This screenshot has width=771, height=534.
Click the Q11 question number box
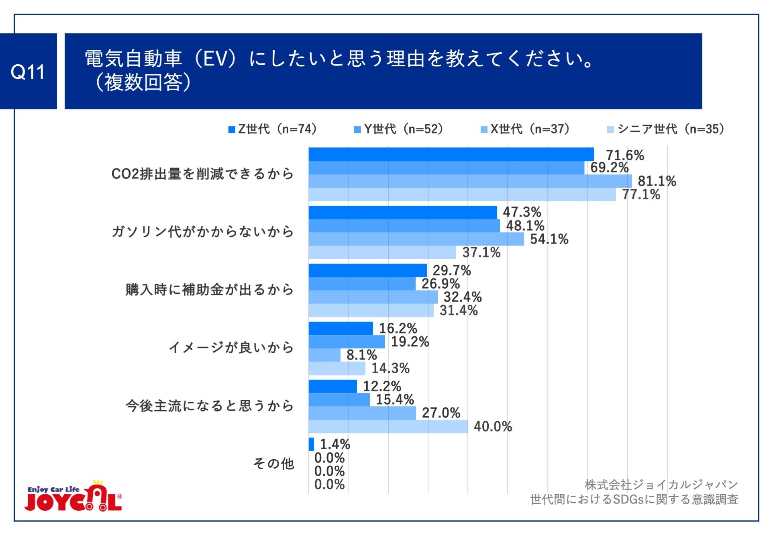click(x=28, y=72)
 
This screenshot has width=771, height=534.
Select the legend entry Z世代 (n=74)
click(x=273, y=129)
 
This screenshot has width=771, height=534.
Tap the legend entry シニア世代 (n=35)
click(x=667, y=129)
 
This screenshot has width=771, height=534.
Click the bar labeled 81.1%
click(x=470, y=181)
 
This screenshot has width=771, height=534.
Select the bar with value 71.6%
click(x=451, y=154)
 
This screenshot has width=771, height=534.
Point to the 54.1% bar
click(x=416, y=239)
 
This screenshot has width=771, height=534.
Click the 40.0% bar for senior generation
click(x=388, y=426)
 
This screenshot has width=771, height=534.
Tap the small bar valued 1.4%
click(x=311, y=444)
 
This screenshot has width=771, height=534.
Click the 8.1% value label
click(x=361, y=355)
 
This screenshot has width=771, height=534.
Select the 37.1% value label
click(x=481, y=252)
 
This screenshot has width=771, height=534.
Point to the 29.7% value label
click(x=451, y=270)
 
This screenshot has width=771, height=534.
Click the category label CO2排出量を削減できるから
click(x=202, y=174)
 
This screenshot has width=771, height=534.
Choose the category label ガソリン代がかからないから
click(x=202, y=232)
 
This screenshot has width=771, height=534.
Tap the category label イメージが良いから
click(x=231, y=347)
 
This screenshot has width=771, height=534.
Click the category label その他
click(x=273, y=464)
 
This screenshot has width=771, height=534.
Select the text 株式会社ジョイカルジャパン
click(x=661, y=485)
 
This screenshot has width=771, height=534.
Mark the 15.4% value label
click(x=394, y=399)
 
